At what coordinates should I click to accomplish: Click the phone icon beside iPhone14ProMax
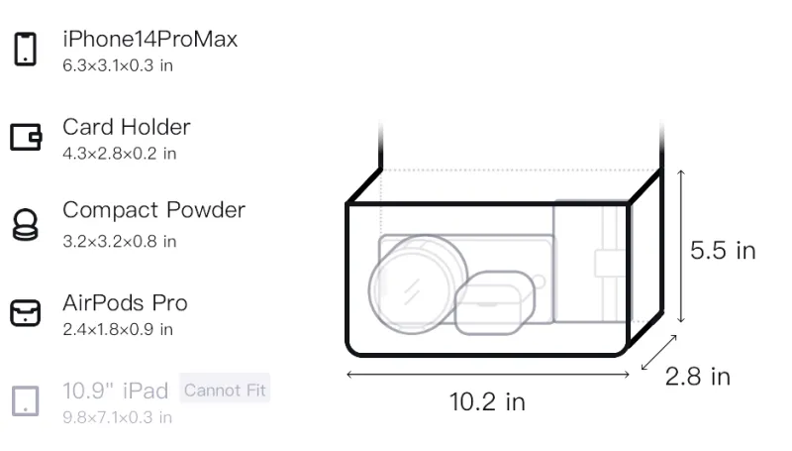coord(26,49)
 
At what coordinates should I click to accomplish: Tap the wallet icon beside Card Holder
coord(26,137)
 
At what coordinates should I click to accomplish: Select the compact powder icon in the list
coord(26,224)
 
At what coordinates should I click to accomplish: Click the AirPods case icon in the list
coord(26,312)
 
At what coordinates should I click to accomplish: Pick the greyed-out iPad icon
coord(26,401)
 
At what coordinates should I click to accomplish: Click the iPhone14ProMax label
coord(150,39)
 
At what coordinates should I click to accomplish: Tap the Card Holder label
coord(127,127)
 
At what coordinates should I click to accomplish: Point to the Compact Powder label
coord(154,210)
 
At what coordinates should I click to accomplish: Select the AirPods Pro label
coord(126,303)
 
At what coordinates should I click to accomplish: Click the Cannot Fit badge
coord(225,390)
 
